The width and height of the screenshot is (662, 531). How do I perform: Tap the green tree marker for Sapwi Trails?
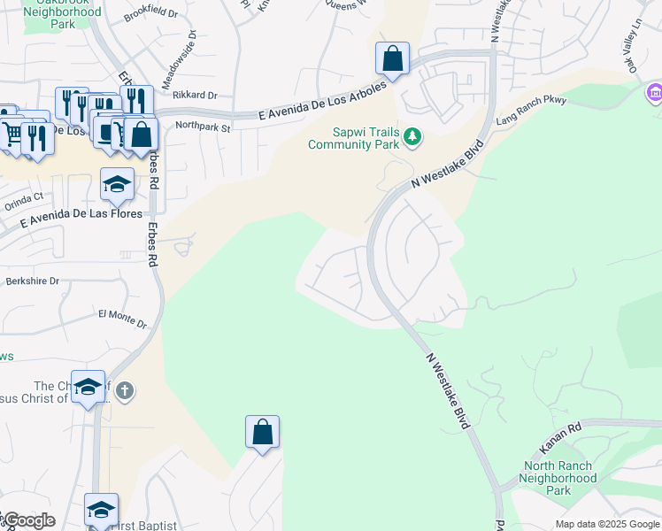[412, 137]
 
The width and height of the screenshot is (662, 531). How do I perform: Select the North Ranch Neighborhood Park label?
[560, 478]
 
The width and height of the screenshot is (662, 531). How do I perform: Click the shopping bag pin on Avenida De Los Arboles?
[392, 59]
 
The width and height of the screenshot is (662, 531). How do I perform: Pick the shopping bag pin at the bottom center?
[262, 433]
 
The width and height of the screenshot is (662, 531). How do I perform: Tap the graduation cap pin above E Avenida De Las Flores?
[117, 184]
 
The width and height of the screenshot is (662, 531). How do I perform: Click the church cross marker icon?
[125, 390]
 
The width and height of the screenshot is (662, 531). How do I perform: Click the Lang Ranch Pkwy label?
[531, 111]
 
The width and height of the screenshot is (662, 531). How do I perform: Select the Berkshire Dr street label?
[32, 281]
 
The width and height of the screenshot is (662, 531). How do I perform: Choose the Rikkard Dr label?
[196, 95]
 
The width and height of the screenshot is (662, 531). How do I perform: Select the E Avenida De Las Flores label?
[81, 214]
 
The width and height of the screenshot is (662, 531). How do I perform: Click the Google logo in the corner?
[28, 520]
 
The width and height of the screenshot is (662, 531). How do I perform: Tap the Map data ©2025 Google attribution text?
[607, 524]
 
